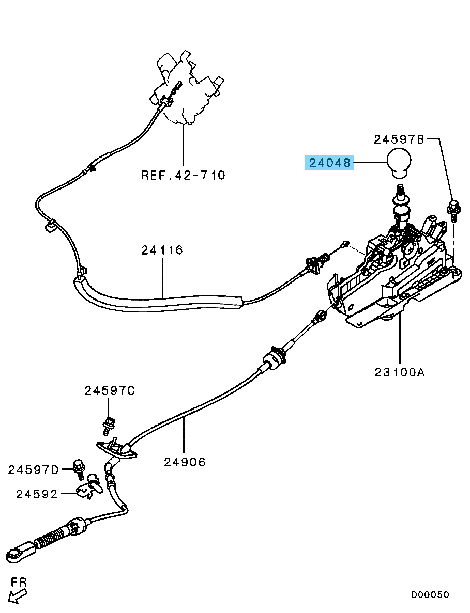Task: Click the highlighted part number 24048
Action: (x=330, y=163)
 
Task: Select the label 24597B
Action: (x=399, y=139)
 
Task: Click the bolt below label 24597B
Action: (x=452, y=210)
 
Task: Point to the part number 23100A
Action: (x=399, y=372)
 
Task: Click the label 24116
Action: (x=162, y=250)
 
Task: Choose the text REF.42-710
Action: (x=183, y=176)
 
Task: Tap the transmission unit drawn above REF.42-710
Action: (x=186, y=88)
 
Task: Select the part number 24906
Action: (x=185, y=462)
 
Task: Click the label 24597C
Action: (x=110, y=391)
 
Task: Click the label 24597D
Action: (x=33, y=470)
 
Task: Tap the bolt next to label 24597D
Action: (x=79, y=468)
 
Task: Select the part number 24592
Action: (x=37, y=494)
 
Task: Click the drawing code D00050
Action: (x=430, y=595)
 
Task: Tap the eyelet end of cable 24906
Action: (x=16, y=555)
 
